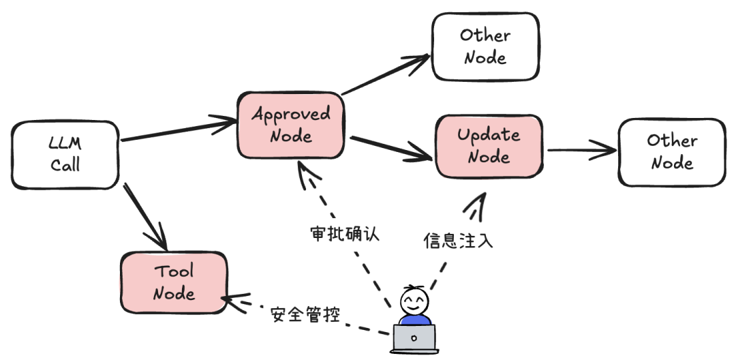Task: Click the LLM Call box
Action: pyautogui.click(x=65, y=154)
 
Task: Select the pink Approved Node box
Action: pyautogui.click(x=290, y=125)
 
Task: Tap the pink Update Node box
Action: pyautogui.click(x=489, y=146)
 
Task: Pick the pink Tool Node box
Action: pyautogui.click(x=173, y=282)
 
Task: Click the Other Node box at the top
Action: pyautogui.click(x=485, y=46)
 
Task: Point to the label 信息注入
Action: pyautogui.click(x=457, y=240)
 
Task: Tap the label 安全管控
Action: pyautogui.click(x=305, y=314)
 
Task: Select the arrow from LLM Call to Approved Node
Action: pyautogui.click(x=179, y=134)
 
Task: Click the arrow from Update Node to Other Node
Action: pyautogui.click(x=579, y=149)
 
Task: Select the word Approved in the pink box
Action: pyautogui.click(x=290, y=114)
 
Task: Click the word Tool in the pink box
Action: pyautogui.click(x=173, y=271)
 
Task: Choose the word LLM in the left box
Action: pyautogui.click(x=65, y=143)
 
